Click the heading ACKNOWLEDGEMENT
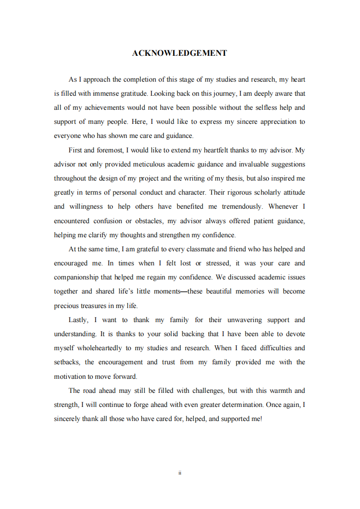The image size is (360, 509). click(x=180, y=53)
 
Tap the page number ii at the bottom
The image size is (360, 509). click(x=180, y=473)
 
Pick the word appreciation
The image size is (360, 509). click(x=271, y=122)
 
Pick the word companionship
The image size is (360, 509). click(x=74, y=277)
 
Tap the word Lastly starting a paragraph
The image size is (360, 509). click(x=78, y=320)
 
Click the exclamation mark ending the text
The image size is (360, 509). click(x=261, y=419)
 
